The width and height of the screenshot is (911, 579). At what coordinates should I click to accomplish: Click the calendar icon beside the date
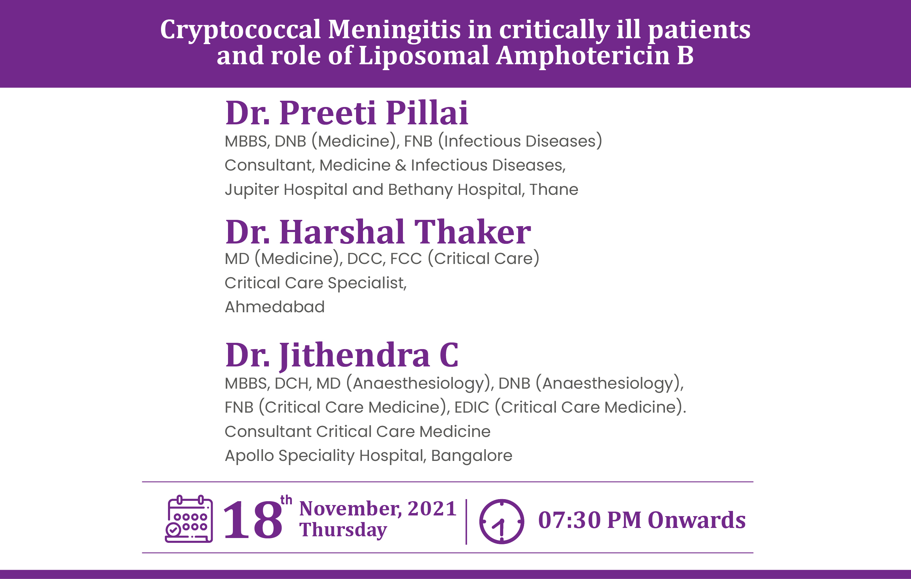point(189,519)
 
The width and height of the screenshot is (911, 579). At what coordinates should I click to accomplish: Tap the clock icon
point(501,521)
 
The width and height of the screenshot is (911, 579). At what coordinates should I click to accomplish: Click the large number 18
point(253,520)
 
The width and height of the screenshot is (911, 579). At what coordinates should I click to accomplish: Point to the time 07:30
point(570,520)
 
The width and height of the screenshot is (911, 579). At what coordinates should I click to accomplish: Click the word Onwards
point(697,520)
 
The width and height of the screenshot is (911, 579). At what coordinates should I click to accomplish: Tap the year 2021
point(432,508)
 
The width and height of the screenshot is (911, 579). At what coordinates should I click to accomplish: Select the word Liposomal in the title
point(424,55)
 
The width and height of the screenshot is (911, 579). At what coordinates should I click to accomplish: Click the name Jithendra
point(354,355)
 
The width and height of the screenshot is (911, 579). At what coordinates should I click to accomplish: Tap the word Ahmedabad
point(275,307)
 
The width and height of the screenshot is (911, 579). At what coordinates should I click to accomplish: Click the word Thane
point(554,189)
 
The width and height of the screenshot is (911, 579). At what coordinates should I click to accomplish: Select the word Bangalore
point(471,456)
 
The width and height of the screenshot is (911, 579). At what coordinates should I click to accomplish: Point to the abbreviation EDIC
point(472,407)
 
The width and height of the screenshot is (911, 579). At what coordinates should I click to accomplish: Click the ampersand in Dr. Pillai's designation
point(400,165)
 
